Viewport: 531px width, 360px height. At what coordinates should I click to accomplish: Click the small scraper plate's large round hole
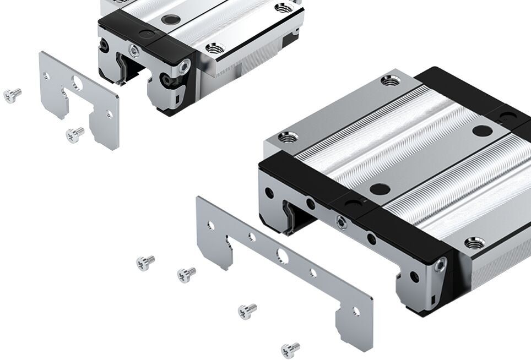pyautogui.click(x=77, y=85)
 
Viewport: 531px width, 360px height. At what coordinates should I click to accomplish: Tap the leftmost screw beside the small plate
pyautogui.click(x=12, y=95)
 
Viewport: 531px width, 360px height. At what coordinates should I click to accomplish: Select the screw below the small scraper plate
pyautogui.click(x=74, y=134)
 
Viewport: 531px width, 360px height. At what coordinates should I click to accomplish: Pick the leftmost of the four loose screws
pyautogui.click(x=145, y=261)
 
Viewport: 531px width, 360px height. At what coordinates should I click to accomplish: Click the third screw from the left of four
pyautogui.click(x=247, y=310)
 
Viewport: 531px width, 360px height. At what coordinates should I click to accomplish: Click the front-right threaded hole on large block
pyautogui.click(x=475, y=242)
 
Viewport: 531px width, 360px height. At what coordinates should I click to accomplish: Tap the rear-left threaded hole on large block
pyautogui.click(x=390, y=81)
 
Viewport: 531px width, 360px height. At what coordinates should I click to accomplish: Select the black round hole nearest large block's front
pyautogui.click(x=380, y=189)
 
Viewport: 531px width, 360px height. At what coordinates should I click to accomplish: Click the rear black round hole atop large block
pyautogui.click(x=483, y=131)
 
